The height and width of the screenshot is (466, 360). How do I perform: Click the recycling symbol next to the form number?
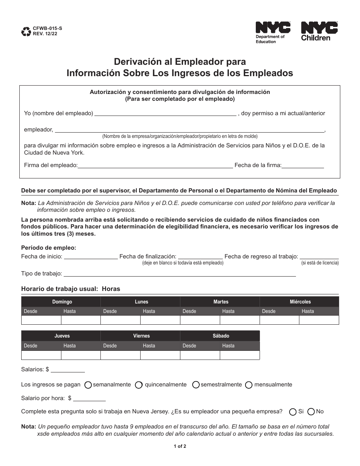point(27,31)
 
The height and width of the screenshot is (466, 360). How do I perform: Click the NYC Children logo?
point(319,31)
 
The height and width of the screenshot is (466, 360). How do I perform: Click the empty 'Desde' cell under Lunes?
point(120,320)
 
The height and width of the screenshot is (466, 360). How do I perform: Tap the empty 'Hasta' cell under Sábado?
point(239,355)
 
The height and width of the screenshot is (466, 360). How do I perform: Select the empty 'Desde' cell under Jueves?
point(41,355)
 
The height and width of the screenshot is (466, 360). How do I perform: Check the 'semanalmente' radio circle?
point(88,385)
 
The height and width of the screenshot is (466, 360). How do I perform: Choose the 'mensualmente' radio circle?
point(249,385)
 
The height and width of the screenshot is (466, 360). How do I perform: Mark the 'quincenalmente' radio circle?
point(139,385)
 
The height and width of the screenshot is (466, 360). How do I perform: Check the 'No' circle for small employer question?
point(311,412)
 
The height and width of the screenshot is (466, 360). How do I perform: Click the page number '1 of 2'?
point(180,446)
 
